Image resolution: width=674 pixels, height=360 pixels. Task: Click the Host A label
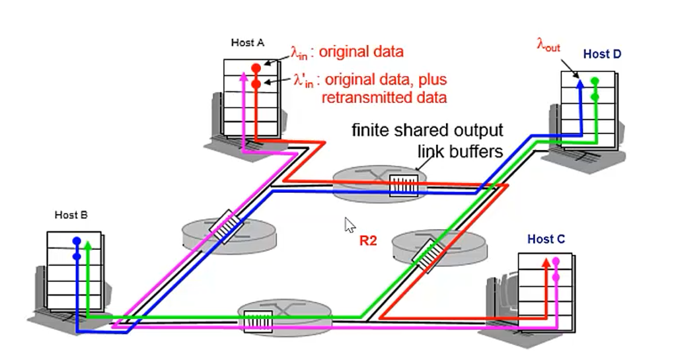247,43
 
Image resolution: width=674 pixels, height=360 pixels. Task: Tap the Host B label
71,215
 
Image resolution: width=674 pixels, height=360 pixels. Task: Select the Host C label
546,239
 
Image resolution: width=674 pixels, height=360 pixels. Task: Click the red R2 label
367,241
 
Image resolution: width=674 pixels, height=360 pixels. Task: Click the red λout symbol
548,45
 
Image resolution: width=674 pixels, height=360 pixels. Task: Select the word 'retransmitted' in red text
363,97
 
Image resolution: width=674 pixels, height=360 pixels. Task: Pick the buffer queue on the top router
404,185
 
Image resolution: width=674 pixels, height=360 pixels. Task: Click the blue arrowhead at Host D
580,82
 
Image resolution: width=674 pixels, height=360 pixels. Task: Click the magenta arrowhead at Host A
244,75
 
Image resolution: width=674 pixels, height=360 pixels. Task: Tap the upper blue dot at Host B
77,241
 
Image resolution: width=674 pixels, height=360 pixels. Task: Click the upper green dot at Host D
595,81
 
